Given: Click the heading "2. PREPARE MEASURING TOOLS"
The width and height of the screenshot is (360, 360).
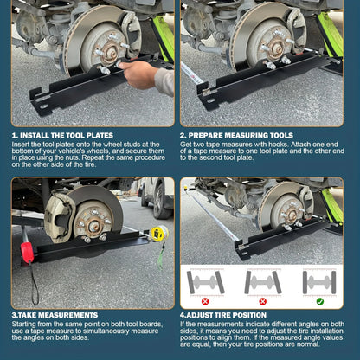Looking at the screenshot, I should click(236, 136).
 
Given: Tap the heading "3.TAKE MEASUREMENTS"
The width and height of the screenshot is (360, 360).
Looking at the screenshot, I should click(55, 314).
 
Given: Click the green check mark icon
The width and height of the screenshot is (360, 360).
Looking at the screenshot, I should click(320, 301).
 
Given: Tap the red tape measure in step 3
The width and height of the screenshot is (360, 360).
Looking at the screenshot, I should click(27, 252).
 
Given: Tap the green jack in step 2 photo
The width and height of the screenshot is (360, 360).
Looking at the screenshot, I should click(331, 35).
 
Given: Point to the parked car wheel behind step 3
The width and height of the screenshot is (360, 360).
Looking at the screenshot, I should click(157, 200).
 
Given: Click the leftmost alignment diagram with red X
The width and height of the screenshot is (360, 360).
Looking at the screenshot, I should click(205, 282).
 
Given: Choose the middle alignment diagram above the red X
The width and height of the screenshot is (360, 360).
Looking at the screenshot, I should click(263, 282).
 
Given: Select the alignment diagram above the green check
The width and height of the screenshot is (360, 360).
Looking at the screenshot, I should click(319, 282).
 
